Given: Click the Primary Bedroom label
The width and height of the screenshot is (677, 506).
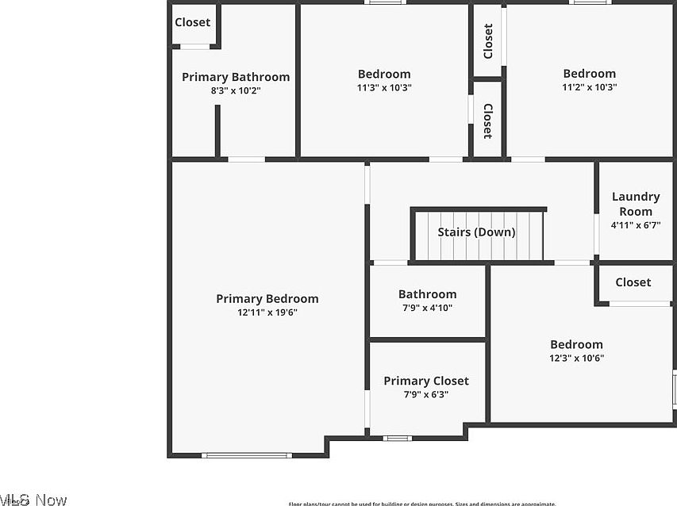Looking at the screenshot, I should point(267,299).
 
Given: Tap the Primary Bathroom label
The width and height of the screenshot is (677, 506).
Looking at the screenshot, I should point(236,77).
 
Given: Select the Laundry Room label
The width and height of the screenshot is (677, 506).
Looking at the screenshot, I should point(636,204).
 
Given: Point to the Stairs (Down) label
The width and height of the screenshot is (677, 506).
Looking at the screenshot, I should point(476,232).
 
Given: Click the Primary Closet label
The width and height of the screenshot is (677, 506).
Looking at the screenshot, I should point(426,381).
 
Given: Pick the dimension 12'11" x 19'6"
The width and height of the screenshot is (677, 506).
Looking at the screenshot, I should point(267,312).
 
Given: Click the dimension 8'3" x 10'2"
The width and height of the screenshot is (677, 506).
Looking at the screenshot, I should point(236,90).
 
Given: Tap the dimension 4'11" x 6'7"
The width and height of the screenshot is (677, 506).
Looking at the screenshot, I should point(636,225).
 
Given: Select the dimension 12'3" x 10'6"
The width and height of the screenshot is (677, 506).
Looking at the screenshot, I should point(577,358).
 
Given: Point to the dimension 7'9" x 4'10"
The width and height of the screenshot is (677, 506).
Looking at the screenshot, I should point(427,308).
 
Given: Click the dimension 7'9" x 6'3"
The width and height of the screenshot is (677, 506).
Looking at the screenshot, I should point(426,394).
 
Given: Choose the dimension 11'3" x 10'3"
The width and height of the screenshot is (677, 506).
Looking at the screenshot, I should point(384,87).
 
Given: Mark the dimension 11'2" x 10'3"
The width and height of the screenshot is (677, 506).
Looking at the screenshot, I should point(590,87).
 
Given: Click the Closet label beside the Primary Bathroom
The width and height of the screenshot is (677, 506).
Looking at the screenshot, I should point(193,22).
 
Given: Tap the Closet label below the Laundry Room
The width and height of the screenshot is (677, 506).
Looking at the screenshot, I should point(633,282).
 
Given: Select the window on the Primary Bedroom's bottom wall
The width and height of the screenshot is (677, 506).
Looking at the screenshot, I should point(247,455).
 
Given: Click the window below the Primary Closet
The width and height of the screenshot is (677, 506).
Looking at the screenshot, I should point(397,438).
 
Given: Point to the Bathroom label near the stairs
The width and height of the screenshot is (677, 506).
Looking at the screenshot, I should point(427,294).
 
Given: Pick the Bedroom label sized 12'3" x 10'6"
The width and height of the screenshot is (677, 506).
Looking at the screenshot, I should point(577,344).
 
